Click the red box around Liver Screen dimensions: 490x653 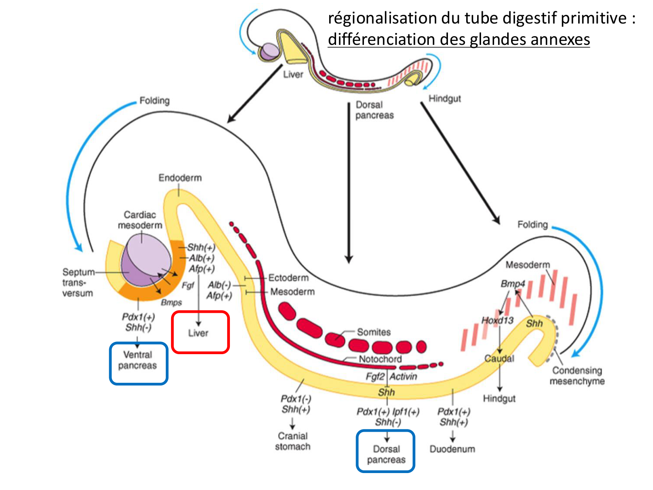click(x=200, y=332)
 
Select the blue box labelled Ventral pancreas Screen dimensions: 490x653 click(x=138, y=363)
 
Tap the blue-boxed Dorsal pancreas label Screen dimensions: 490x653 click(x=386, y=451)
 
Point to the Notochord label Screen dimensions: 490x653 click(x=380, y=359)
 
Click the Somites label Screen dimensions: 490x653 click(x=374, y=332)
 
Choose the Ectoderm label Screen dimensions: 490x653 click(x=288, y=278)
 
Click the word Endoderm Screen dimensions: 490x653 click(x=180, y=178)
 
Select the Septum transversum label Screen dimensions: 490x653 click(x=78, y=282)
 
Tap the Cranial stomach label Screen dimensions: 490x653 click(x=293, y=441)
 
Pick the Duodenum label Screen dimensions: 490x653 click(x=452, y=449)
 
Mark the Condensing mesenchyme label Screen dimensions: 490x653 click(x=577, y=375)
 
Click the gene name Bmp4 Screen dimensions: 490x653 click(x=512, y=284)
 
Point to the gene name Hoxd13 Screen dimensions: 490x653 click(x=497, y=320)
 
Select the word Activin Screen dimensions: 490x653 click(x=404, y=376)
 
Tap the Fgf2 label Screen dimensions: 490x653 click(x=375, y=376)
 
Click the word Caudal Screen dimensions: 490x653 click(x=499, y=358)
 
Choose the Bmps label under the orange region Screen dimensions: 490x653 click(x=171, y=302)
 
